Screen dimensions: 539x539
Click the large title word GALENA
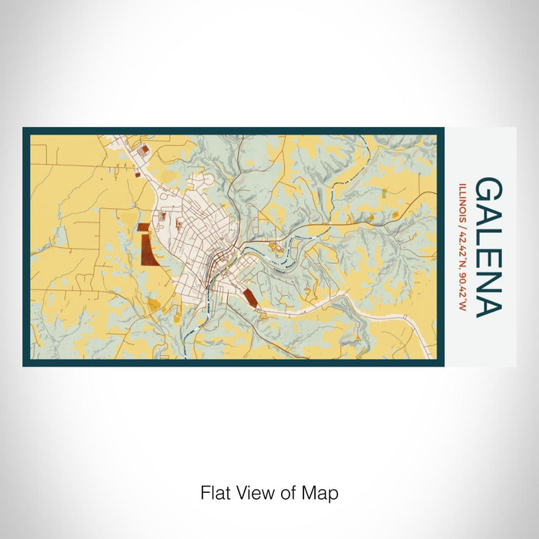(490, 247)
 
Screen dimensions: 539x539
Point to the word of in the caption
(289, 493)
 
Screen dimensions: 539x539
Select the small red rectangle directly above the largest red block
(143, 227)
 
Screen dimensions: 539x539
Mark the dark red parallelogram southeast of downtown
(249, 298)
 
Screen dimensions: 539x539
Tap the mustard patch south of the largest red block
(154, 306)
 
